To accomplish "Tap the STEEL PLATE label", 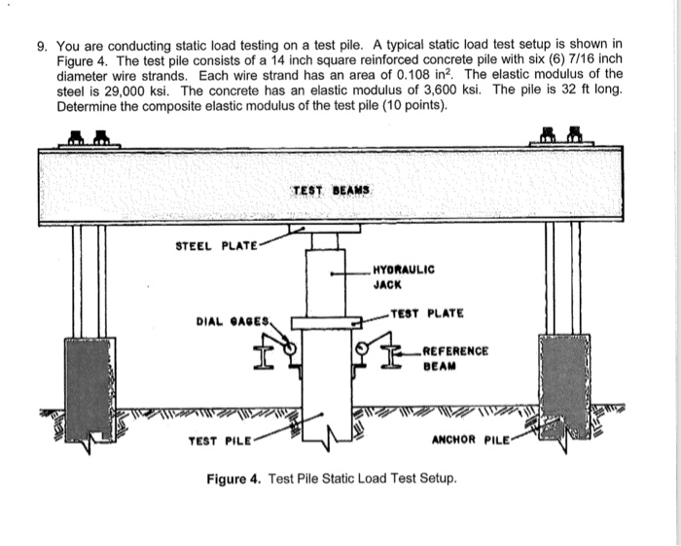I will tap(216, 245).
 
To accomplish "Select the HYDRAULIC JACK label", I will tap(404, 276).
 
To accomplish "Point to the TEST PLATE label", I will tap(426, 313).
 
